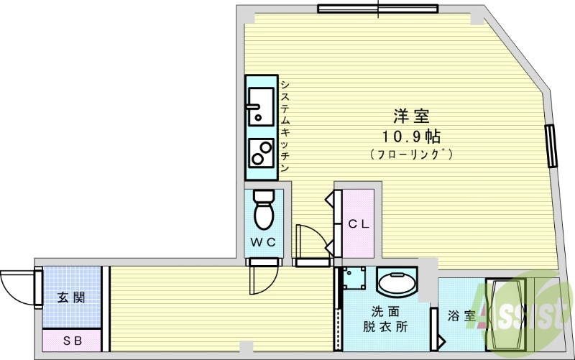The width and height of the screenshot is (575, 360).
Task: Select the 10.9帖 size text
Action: [410, 135]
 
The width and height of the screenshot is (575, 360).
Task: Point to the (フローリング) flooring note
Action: [410, 154]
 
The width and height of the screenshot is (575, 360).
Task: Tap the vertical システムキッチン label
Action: [285, 126]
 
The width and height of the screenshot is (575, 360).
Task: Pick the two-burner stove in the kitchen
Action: [260, 152]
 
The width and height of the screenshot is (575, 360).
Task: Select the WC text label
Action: [263, 242]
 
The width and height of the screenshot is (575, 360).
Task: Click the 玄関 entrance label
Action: [72, 297]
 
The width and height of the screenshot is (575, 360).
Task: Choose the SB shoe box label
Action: [72, 340]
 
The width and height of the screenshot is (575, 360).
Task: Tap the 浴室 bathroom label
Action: [461, 315]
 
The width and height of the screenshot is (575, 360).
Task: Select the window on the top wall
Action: [378, 9]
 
